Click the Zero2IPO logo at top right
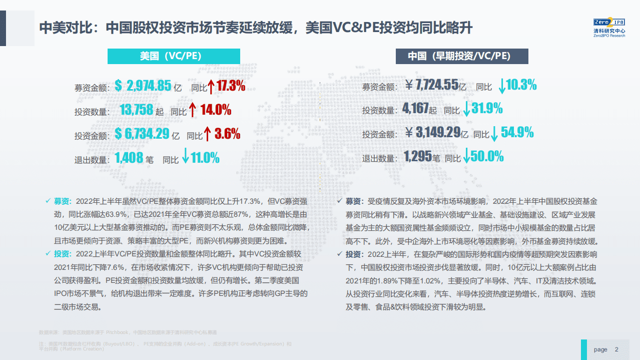[608, 28]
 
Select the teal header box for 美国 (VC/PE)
[174, 56]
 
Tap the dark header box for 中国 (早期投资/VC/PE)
[462, 56]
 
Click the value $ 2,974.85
[143, 86]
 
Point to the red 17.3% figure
[231, 86]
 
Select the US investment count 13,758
[136, 110]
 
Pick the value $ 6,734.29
[142, 134]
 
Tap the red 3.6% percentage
[227, 134]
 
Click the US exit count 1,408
[129, 159]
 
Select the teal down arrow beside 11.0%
[185, 156]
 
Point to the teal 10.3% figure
[521, 85]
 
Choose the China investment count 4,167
[415, 109]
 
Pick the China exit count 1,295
[417, 157]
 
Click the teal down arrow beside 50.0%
[466, 156]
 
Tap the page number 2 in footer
[616, 349]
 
